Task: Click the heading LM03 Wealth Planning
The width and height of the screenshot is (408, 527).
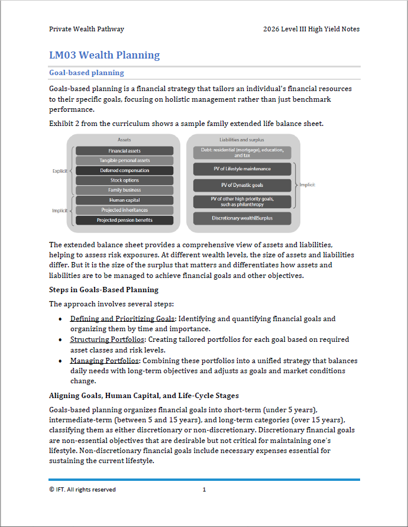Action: [x=104, y=56]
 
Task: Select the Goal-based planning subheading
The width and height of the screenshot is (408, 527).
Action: [x=86, y=73]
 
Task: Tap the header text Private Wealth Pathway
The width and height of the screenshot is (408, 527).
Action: [x=86, y=29]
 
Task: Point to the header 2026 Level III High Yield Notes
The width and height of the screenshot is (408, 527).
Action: [x=311, y=29]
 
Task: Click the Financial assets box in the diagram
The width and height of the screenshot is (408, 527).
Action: [x=124, y=151]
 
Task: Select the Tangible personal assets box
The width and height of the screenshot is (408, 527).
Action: [x=124, y=161]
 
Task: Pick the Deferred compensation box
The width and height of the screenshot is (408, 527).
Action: [x=124, y=171]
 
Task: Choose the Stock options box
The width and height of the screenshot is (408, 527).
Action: [x=124, y=180]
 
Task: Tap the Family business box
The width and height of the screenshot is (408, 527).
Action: [x=124, y=190]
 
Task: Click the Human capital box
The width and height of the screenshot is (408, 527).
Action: [x=124, y=201]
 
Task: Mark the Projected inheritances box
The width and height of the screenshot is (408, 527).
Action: [x=124, y=210]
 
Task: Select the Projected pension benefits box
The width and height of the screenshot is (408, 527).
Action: [x=124, y=220]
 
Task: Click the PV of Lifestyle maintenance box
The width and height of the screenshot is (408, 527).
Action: [x=242, y=169]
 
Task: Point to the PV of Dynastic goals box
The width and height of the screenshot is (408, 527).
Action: [x=242, y=185]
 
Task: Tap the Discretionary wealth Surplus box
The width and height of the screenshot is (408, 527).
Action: [x=242, y=218]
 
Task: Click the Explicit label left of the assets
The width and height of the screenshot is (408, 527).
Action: [x=60, y=171]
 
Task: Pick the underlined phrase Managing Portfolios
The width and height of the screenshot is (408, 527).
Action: [x=104, y=360]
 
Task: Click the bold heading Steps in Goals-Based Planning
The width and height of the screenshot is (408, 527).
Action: [x=103, y=290]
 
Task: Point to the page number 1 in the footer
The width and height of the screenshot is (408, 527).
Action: [x=204, y=489]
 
